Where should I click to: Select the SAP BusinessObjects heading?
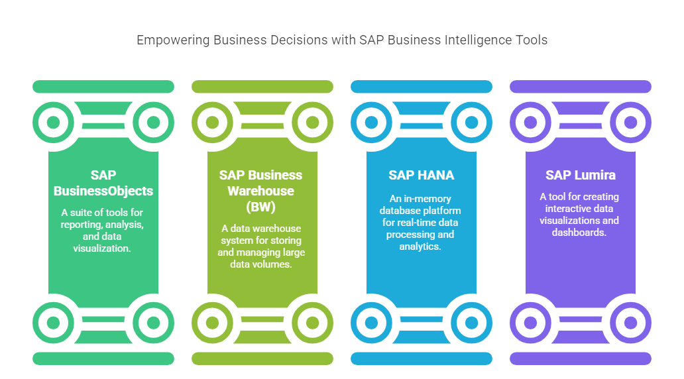103,183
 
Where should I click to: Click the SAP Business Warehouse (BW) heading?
261,191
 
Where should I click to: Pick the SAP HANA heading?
422,175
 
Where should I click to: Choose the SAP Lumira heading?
581,175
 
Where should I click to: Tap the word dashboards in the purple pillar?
581,232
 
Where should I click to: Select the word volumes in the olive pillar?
279,264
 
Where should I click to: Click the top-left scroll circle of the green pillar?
54,122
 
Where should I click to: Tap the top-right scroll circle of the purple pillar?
630,122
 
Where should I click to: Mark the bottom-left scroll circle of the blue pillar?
372,323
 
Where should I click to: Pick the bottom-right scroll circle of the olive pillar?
312,323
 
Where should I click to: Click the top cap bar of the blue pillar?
422,87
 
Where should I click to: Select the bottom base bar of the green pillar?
103,358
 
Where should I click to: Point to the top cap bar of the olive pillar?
262,87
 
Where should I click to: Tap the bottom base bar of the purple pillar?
581,358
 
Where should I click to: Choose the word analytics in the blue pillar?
422,246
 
